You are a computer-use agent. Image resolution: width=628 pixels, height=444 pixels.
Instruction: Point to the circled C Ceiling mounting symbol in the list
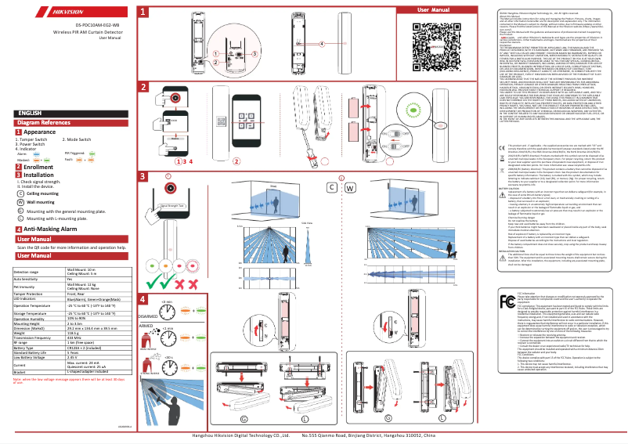pyautogui.click(x=19, y=193)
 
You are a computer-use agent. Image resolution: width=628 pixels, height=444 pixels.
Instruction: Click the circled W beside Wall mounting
pyautogui.click(x=19, y=201)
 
